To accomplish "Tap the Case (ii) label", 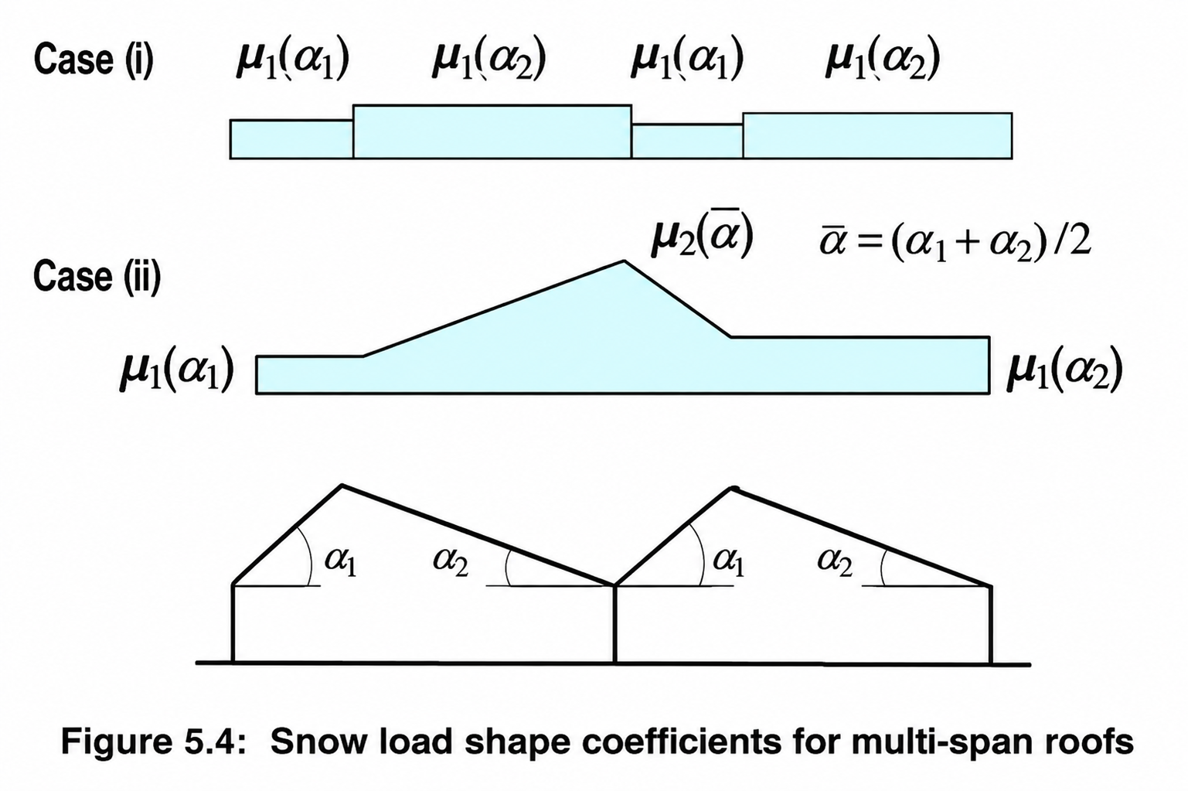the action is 97,277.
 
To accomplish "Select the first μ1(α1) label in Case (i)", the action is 292,60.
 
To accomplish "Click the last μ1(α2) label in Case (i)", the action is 883,60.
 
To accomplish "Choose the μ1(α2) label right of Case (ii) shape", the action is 1065,370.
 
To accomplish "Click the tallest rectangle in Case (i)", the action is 492,131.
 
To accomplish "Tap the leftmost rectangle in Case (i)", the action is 291,139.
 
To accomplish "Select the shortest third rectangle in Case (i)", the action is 687,141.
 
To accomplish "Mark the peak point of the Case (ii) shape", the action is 625,261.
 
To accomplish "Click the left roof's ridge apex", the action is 342,485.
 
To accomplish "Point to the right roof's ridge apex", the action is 732,489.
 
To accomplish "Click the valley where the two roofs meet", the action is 614,585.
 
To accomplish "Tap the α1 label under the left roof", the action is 341,561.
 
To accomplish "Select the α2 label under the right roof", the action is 835,561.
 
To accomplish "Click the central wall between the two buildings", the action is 614,625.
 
